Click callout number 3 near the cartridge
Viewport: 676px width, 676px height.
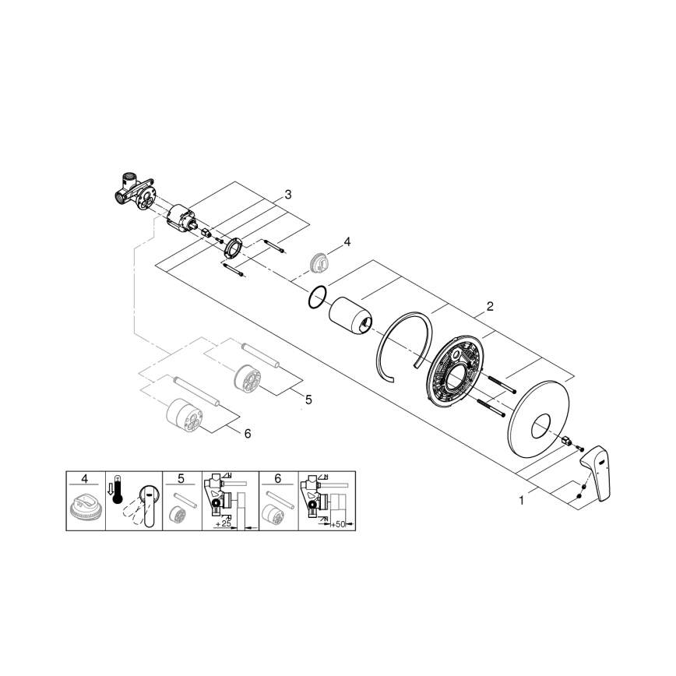(x=287, y=194)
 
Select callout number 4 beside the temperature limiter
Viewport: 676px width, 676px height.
(x=347, y=241)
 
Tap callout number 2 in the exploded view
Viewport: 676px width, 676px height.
(x=490, y=306)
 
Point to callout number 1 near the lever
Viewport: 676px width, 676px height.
(x=521, y=501)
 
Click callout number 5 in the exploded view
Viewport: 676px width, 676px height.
(x=308, y=399)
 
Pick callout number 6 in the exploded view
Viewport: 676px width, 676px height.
(x=248, y=433)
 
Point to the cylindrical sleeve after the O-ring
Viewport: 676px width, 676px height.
(x=350, y=318)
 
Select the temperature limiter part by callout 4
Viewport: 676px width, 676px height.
(x=318, y=261)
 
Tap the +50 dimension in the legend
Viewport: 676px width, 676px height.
(x=337, y=525)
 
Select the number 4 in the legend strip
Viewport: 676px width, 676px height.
(x=85, y=477)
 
